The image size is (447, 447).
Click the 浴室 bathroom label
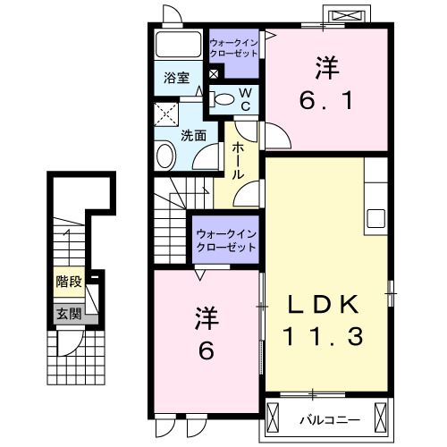[175, 77]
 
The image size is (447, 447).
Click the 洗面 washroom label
[193, 136]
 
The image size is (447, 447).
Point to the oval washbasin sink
[166, 157]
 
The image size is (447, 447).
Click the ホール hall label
[238, 161]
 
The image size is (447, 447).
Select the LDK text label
[324, 305]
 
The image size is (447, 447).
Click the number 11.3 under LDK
[324, 337]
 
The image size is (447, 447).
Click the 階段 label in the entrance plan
[69, 282]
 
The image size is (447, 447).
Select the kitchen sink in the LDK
[375, 218]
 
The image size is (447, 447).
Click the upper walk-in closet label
[233, 47]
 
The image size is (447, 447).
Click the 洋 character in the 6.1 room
[325, 66]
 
